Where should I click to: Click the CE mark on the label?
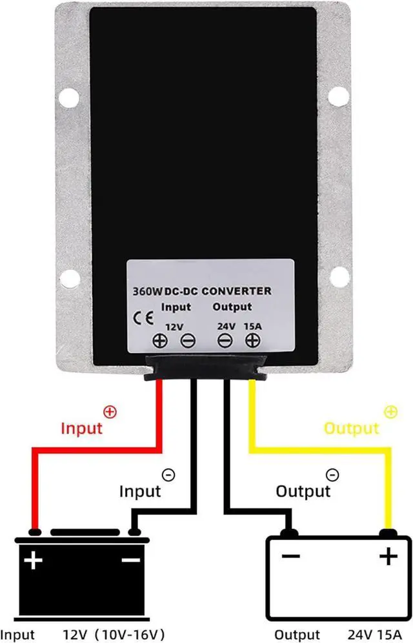[x=143, y=318]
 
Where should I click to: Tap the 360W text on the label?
[x=147, y=291]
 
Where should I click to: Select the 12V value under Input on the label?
[x=174, y=327]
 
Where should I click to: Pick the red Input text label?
[x=81, y=428]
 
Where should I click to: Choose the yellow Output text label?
[x=351, y=428]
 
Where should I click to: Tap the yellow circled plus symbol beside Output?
[x=390, y=411]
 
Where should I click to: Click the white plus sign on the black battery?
[x=32, y=561]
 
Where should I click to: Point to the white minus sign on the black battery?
[x=131, y=560]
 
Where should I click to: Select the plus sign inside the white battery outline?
[x=387, y=556]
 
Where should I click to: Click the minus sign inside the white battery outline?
[x=290, y=556]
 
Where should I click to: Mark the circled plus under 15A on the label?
[x=253, y=341]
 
